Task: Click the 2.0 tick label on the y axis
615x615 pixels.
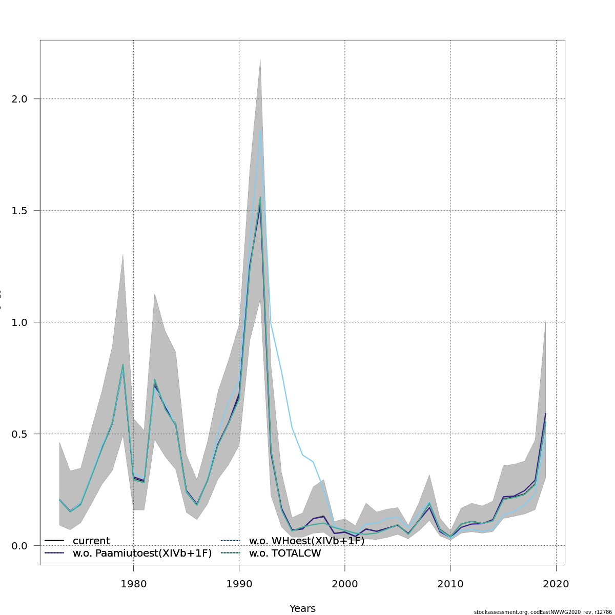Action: click(x=19, y=99)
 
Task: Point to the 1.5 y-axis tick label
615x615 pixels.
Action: click(x=19, y=211)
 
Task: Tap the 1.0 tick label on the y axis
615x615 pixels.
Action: click(x=19, y=322)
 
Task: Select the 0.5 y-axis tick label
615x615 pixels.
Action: click(x=19, y=434)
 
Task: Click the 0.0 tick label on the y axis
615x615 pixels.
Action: click(x=19, y=546)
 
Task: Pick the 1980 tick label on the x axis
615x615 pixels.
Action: click(x=133, y=584)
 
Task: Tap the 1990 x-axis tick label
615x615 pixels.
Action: click(x=239, y=584)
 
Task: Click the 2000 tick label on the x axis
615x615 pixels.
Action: click(x=344, y=584)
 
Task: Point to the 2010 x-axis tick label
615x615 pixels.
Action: click(x=450, y=584)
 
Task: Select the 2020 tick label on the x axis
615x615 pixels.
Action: click(x=556, y=584)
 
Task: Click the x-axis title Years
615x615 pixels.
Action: click(x=302, y=609)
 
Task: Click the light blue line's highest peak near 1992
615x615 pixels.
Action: click(x=260, y=129)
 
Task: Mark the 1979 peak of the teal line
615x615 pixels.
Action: click(x=123, y=364)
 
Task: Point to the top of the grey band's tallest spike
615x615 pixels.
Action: click(x=260, y=59)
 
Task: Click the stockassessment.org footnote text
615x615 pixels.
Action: click(x=543, y=612)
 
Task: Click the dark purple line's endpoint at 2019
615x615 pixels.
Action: click(x=545, y=414)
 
